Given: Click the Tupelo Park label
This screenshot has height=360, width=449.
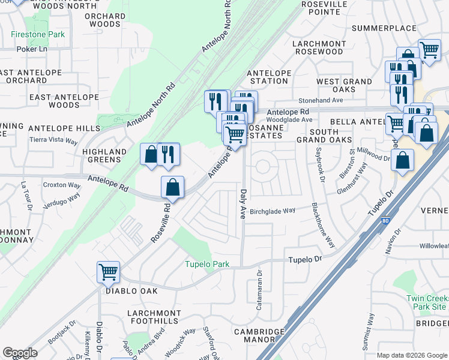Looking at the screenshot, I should [x=207, y=265].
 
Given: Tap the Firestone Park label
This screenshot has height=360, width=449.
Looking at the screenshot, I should [x=38, y=35].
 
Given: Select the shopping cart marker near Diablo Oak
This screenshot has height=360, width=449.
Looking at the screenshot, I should [x=108, y=272].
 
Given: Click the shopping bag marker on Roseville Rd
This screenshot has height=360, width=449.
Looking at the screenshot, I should [x=172, y=187].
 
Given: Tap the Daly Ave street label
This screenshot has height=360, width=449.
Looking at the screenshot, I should [x=244, y=204].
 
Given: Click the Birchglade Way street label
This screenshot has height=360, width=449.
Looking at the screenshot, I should [x=273, y=211].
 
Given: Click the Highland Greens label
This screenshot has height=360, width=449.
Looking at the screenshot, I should [x=104, y=156].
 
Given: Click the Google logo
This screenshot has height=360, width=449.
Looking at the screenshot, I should [x=20, y=353].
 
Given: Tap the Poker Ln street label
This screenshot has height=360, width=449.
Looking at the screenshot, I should [x=32, y=50].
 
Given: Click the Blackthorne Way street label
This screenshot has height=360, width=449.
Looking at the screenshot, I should [x=322, y=226].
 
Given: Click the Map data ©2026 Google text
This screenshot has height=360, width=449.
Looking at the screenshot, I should [x=411, y=355].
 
